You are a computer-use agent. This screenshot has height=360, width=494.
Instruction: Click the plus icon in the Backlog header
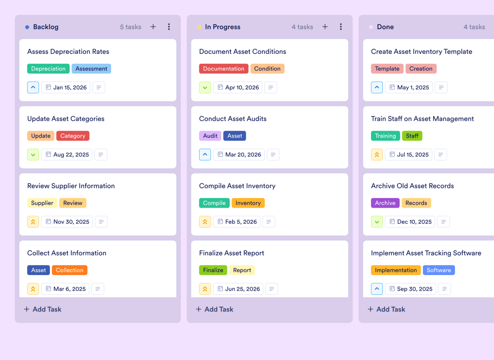(x=153, y=27)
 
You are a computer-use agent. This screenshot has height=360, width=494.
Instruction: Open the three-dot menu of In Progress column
(x=341, y=27)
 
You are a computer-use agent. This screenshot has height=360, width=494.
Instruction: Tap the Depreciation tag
(x=48, y=69)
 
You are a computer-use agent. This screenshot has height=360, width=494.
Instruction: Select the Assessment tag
(x=91, y=69)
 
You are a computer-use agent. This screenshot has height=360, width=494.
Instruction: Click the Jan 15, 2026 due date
(x=66, y=87)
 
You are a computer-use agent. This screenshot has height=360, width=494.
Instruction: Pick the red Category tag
(x=73, y=136)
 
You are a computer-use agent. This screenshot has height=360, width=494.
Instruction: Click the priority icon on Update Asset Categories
(x=33, y=155)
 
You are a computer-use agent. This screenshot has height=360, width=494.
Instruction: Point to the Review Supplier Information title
(x=71, y=186)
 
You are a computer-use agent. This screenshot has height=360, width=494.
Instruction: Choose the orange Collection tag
(x=69, y=270)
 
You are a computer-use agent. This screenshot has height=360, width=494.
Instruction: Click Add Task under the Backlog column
(x=43, y=309)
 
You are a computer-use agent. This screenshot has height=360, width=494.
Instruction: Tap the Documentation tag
(x=223, y=69)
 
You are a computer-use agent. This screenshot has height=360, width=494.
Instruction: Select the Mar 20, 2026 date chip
(x=239, y=155)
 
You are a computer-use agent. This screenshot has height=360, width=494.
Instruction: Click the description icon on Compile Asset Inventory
(x=269, y=222)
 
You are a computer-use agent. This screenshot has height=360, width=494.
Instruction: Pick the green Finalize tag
(x=213, y=270)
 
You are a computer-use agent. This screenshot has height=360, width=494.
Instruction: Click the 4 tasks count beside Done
(x=474, y=27)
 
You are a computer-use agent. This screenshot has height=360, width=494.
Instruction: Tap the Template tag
(x=387, y=69)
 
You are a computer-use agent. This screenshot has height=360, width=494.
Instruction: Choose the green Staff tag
(x=412, y=136)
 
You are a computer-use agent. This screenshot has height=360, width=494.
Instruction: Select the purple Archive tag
(x=385, y=203)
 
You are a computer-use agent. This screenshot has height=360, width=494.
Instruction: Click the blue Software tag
(x=439, y=270)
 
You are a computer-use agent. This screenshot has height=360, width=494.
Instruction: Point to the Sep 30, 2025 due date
(x=410, y=289)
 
